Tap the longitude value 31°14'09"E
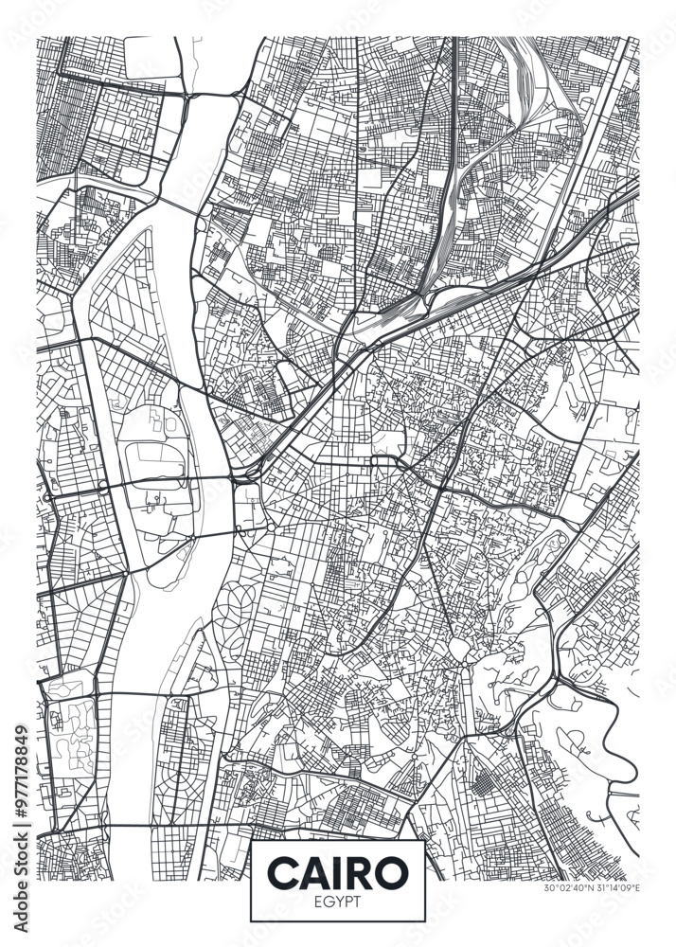click(x=616, y=888)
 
